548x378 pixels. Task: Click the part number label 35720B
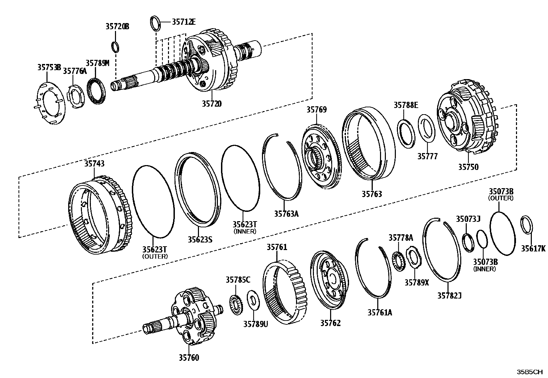point(117,26)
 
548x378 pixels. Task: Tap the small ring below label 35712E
point(156,23)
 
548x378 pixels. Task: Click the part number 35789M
point(97,63)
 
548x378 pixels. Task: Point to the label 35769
point(317,110)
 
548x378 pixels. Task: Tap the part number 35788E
point(406,105)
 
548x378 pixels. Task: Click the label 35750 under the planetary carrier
point(468,167)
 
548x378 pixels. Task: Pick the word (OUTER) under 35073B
point(501,198)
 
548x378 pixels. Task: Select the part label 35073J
point(468,219)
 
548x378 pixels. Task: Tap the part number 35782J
point(449,295)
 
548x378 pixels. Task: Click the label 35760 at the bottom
point(188,358)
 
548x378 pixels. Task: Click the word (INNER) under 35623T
point(245,231)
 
